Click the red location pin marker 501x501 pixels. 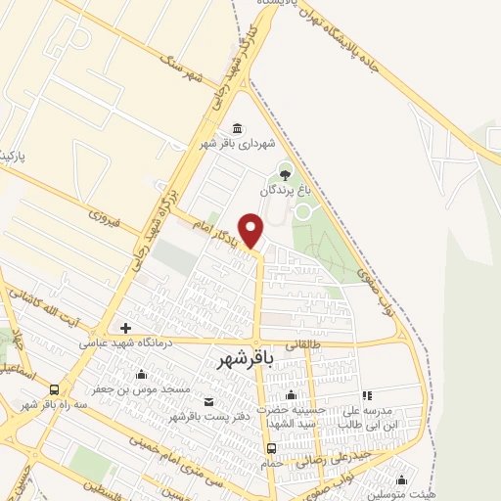point(252,229)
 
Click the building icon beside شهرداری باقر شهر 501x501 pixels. point(238,129)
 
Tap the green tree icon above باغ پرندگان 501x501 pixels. point(285,174)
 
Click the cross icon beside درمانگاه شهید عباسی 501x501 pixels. point(124,328)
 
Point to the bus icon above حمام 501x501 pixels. point(271,448)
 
